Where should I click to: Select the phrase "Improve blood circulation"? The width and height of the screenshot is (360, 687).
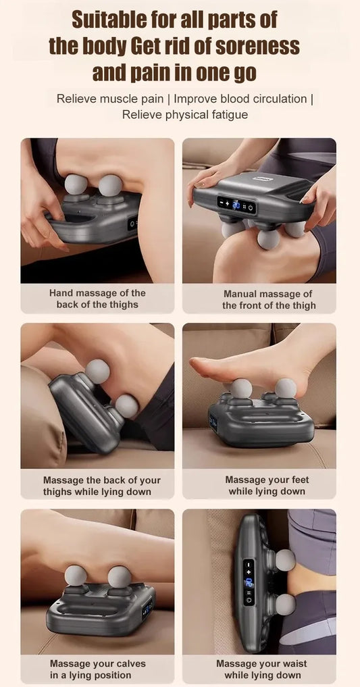pos(240,99)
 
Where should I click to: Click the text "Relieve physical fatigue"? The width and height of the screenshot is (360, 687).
pos(184,114)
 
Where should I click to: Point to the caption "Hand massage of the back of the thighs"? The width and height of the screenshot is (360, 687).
pos(97,299)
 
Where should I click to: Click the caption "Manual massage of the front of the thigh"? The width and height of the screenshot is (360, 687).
pos(269,299)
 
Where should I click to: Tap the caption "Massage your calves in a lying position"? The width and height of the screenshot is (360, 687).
pos(97,669)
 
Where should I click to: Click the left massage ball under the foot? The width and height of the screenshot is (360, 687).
pos(241,388)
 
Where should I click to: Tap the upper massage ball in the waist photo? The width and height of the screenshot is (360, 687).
pos(284,559)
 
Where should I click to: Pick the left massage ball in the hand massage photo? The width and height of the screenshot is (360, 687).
pos(75,184)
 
